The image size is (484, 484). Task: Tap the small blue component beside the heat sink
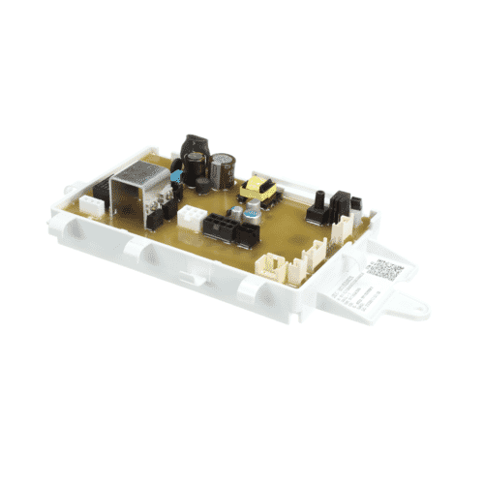(176, 178)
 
